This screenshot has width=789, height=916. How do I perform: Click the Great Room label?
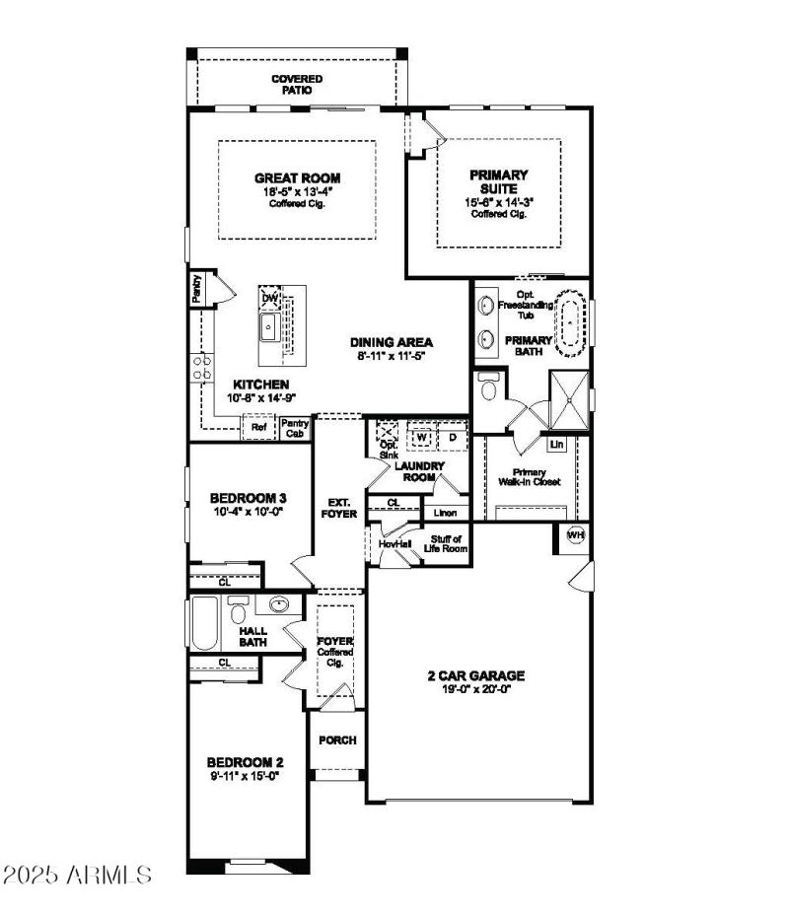[297, 178]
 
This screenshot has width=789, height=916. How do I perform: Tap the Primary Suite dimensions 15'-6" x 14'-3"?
[499, 202]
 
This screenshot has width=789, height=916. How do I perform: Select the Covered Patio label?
[297, 84]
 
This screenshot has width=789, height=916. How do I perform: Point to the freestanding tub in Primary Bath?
[570, 321]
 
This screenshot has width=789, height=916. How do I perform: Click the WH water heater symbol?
[576, 535]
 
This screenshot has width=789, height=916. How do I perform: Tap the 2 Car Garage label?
[475, 675]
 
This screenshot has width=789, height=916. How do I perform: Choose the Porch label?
[337, 740]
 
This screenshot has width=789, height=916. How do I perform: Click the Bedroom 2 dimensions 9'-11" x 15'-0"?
[245, 777]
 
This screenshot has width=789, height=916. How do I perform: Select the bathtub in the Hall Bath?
[203, 623]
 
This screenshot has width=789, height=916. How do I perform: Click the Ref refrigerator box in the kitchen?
[258, 428]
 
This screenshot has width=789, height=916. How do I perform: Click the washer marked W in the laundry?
[421, 435]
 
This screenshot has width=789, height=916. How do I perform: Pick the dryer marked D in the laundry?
[453, 435]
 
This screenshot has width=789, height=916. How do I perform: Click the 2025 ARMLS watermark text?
[78, 875]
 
